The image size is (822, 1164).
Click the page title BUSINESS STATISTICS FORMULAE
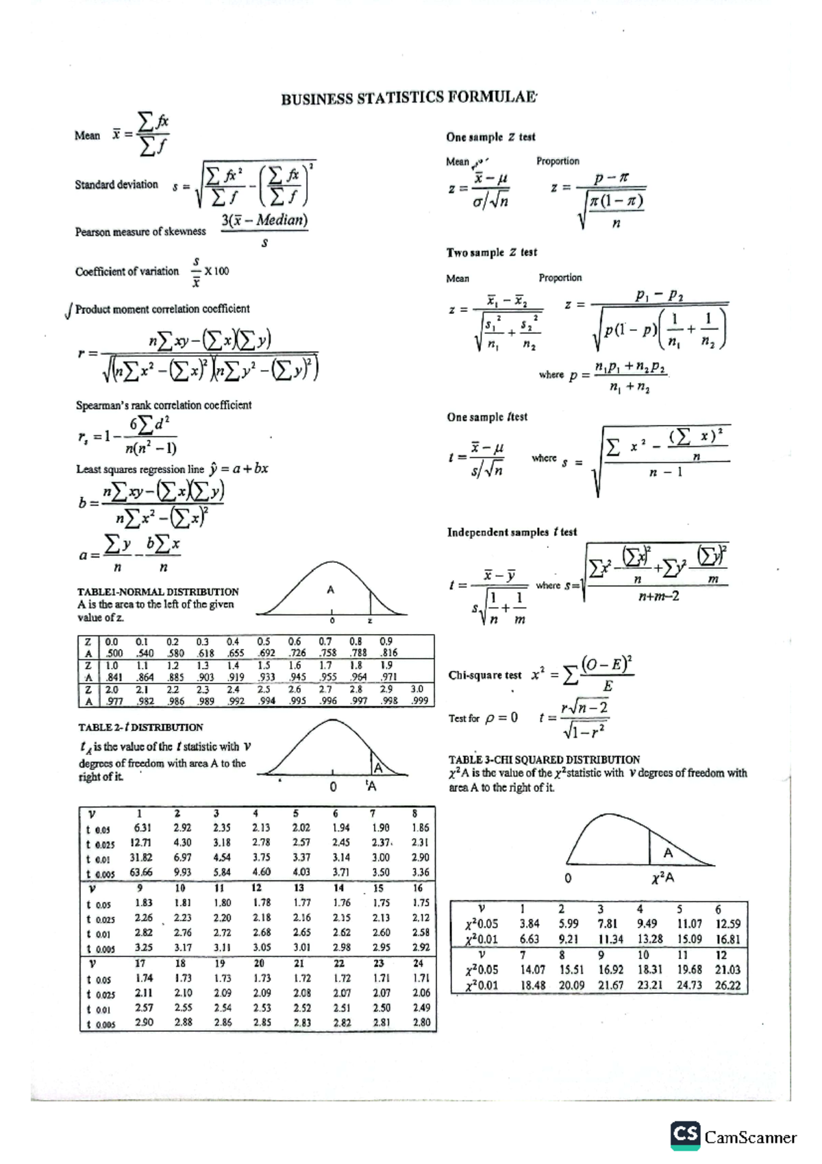[x=409, y=97]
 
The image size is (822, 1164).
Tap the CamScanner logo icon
[x=685, y=1136]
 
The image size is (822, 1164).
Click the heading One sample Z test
[x=490, y=137]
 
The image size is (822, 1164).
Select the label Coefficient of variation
[x=127, y=271]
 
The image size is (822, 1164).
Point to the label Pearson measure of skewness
[x=140, y=232]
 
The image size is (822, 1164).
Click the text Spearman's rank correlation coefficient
[x=164, y=405]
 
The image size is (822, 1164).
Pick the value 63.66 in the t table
[x=141, y=873]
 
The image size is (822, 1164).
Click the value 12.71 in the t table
[x=141, y=842]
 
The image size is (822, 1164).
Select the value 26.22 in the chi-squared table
[x=727, y=985]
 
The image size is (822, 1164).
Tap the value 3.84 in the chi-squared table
[x=529, y=924]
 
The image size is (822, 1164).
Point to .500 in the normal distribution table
[x=114, y=653]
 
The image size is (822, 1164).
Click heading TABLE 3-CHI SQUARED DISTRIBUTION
[x=544, y=760]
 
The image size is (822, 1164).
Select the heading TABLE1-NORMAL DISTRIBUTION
[x=158, y=592]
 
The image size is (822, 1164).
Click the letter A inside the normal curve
[x=331, y=590]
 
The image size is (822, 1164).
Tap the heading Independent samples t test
[x=512, y=532]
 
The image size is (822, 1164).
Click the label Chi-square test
[x=484, y=675]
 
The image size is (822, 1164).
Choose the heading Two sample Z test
[x=492, y=252]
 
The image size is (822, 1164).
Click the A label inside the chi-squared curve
[x=668, y=853]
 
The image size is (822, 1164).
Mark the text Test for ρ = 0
[x=483, y=718]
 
